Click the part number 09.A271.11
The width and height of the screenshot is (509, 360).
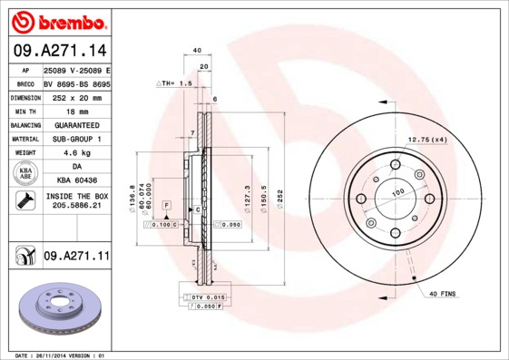coord(76,257)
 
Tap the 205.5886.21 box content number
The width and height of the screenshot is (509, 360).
coord(76,207)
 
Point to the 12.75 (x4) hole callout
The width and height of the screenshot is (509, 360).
coord(427,139)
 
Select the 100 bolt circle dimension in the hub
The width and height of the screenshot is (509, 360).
coord(396,193)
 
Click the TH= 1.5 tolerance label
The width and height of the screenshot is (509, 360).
coord(176,83)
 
